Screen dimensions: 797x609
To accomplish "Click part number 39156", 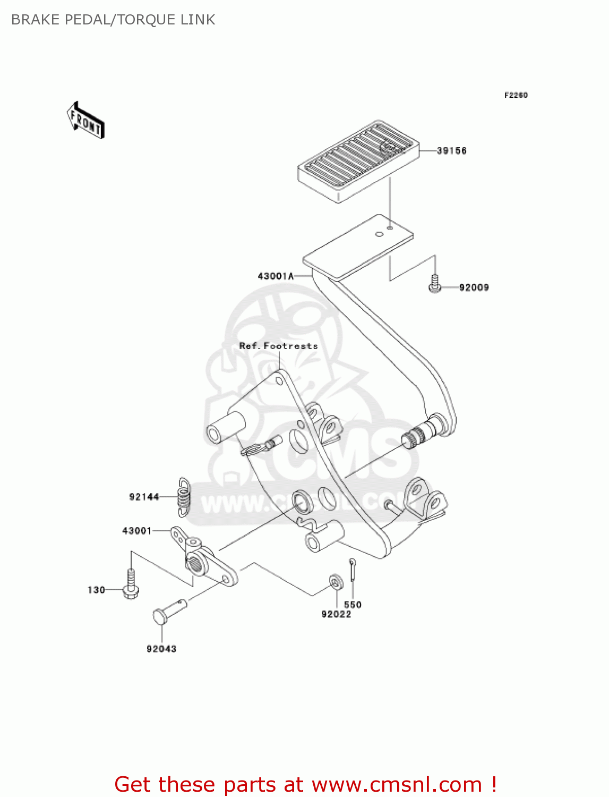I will coord(451,151).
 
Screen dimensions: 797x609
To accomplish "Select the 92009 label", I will coord(474,287).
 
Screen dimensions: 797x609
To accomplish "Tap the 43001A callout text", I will coord(276,276).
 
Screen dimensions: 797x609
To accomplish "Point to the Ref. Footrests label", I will coord(278,346).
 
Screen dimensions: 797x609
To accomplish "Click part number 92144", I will coord(144,497).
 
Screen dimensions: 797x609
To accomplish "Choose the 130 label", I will coord(96,590).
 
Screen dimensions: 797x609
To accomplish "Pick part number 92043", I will coord(161,649).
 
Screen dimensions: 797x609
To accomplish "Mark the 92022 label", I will coord(336,614).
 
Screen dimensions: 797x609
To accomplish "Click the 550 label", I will coord(353,605).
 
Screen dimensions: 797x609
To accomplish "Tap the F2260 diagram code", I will coord(516,95).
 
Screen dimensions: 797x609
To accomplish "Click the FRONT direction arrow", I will coord(85,121).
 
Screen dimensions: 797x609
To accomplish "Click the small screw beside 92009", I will coord(435,284).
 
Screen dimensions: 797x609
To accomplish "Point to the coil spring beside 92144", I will coord(184,497).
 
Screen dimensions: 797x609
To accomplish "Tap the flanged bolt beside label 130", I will coord(131,584).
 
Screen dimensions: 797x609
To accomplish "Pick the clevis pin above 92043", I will coord(168,612).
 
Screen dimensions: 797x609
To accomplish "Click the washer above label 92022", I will coord(336,582).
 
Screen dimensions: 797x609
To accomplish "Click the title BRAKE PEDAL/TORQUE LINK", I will coord(113,20).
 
